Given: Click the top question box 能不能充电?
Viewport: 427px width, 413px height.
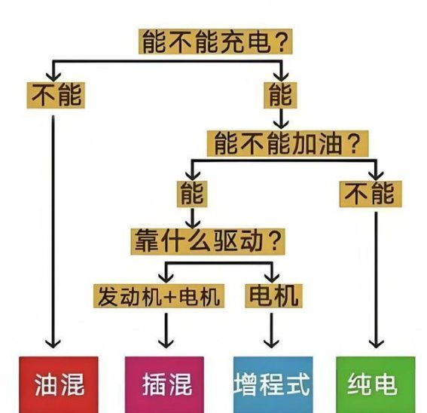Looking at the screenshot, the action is [x=215, y=41].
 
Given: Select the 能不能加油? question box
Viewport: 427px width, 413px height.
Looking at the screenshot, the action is [x=288, y=143].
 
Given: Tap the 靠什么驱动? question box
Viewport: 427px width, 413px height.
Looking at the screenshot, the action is [x=208, y=241].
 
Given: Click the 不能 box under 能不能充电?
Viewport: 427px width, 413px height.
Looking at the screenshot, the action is [x=56, y=95].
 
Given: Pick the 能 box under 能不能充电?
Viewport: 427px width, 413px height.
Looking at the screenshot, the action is [x=280, y=95].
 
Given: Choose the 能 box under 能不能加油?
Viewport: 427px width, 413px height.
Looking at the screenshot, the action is [x=192, y=194].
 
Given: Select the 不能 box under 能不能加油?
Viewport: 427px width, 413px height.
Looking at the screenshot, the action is [x=371, y=194].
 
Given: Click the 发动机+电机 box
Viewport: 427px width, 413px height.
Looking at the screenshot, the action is [x=159, y=296].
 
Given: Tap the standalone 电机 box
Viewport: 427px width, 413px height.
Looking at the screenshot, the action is [x=273, y=296].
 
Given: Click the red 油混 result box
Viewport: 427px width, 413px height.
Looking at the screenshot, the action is [x=59, y=384].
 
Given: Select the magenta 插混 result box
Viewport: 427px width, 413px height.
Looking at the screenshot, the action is [x=164, y=384].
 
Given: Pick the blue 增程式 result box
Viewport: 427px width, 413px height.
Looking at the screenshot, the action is [x=273, y=384].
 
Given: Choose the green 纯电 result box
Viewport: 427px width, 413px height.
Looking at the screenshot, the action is [x=376, y=384].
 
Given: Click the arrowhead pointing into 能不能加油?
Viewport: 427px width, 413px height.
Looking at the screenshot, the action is [x=281, y=125].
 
